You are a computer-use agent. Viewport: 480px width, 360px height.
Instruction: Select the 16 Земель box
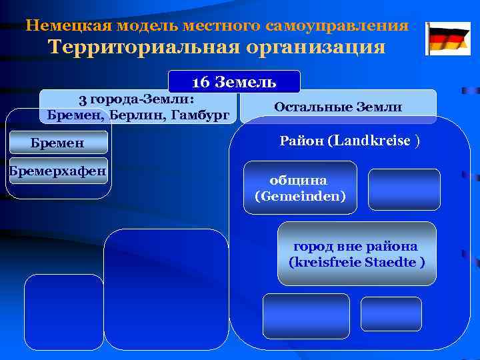[234, 82]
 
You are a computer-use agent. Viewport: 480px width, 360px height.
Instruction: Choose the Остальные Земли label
[338, 107]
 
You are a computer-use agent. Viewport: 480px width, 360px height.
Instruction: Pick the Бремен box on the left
[58, 143]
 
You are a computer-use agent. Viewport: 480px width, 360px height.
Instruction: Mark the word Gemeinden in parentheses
[299, 197]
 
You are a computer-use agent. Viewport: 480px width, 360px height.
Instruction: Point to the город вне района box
[356, 253]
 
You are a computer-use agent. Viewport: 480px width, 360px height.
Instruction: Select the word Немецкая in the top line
[62, 26]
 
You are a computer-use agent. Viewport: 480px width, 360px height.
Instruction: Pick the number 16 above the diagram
[200, 83]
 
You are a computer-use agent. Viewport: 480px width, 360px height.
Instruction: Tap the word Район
[302, 141]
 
